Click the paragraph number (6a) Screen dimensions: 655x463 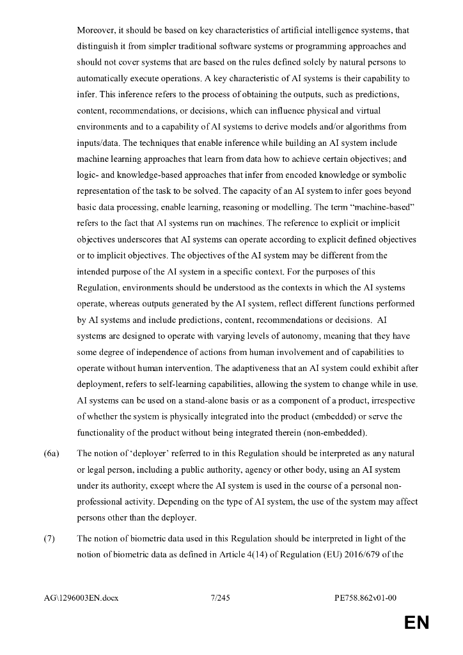click(x=51, y=454)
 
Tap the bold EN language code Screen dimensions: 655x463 click(x=416, y=623)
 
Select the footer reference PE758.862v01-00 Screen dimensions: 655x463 click(x=366, y=598)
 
